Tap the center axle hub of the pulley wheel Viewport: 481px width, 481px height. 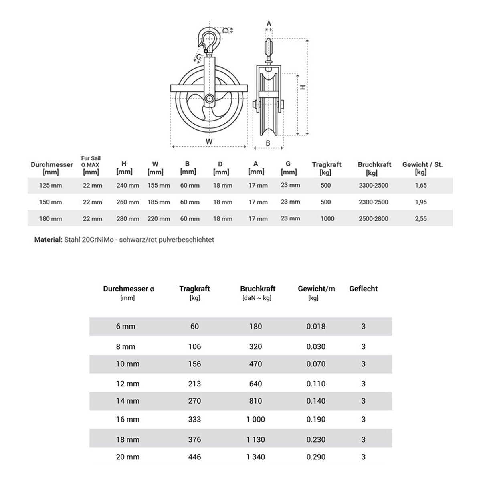pyautogui.click(x=209, y=98)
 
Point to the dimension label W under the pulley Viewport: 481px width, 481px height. pyautogui.click(x=209, y=141)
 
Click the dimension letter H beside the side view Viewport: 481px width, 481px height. pyautogui.click(x=303, y=87)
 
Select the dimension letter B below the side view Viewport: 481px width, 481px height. pyautogui.click(x=268, y=143)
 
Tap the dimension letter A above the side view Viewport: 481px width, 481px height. pyautogui.click(x=269, y=24)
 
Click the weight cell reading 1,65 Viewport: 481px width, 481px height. pyautogui.click(x=421, y=186)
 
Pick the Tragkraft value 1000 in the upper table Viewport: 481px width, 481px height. pyautogui.click(x=327, y=219)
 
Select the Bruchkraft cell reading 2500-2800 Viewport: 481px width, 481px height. pyautogui.click(x=373, y=219)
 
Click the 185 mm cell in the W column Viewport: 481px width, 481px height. pyautogui.click(x=159, y=202)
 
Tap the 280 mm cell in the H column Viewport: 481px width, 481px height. pyautogui.click(x=128, y=219)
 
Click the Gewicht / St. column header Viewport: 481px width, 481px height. pyautogui.click(x=422, y=168)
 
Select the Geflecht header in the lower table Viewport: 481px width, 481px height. pyautogui.click(x=363, y=289)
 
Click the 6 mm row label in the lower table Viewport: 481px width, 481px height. pyautogui.click(x=126, y=327)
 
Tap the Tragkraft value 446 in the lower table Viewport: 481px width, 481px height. pyautogui.click(x=194, y=457)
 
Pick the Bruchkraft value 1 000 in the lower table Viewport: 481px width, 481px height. pyautogui.click(x=255, y=420)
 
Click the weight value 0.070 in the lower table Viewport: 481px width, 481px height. pyautogui.click(x=316, y=364)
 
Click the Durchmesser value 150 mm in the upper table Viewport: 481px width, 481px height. pyautogui.click(x=51, y=202)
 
